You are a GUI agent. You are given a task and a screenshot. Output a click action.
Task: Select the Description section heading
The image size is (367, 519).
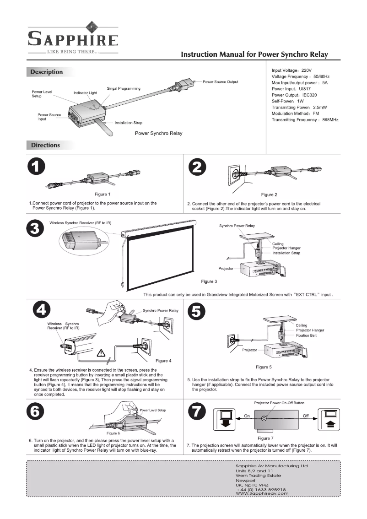click(46, 72)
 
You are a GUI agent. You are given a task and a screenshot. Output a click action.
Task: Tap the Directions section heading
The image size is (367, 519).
click(45, 145)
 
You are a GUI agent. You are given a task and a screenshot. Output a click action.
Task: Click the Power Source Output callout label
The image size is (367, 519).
click(221, 82)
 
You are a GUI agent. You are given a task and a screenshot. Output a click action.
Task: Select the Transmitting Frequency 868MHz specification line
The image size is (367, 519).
click(305, 119)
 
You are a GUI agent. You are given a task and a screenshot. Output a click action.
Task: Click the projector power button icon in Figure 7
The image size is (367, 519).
click(264, 418)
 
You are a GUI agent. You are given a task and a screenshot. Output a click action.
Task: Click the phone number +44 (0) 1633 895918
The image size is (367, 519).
click(261, 489)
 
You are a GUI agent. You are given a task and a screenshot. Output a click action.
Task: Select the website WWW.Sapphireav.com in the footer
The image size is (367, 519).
click(262, 493)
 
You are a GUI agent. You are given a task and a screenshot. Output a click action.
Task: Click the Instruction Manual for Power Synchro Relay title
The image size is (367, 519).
click(254, 54)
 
